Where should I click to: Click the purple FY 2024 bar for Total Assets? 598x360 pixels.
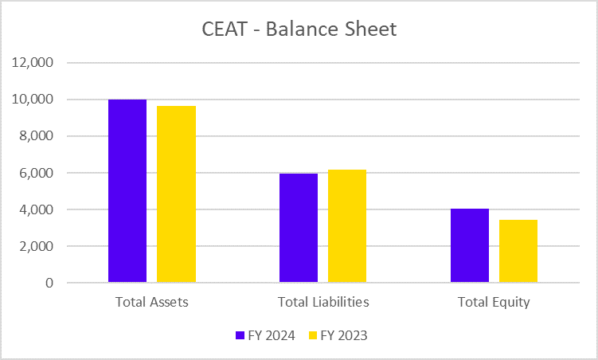pos(127,191)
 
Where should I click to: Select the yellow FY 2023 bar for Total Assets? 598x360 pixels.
pos(176,194)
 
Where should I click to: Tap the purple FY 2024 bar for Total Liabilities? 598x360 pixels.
pos(299,228)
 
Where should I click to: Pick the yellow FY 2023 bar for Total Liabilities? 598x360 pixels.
pos(347,226)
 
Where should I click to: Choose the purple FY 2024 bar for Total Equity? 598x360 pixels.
pos(470,245)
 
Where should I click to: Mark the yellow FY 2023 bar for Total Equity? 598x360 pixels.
pos(518,251)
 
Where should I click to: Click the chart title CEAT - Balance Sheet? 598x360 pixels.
pos(299,30)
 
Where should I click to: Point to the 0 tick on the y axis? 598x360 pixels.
pos(49,283)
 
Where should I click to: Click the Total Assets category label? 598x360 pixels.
pos(151,303)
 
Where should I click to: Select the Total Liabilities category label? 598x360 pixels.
pos(323,303)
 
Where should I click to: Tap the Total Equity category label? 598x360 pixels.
pos(494,303)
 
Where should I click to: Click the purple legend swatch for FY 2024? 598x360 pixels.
pos(240,336)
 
